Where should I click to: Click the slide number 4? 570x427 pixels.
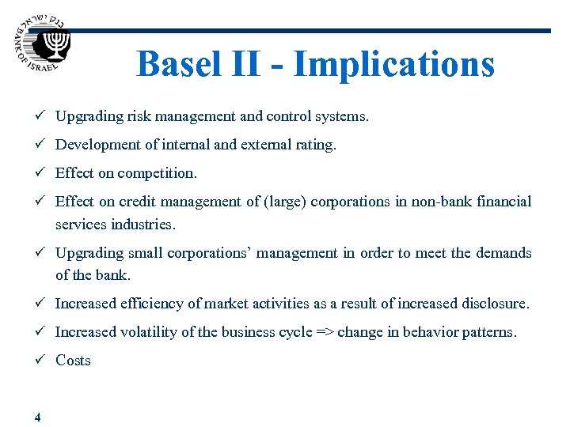38,417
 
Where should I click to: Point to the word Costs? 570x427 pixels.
73,361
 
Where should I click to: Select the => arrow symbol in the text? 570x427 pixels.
325,332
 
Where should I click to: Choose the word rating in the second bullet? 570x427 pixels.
316,145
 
